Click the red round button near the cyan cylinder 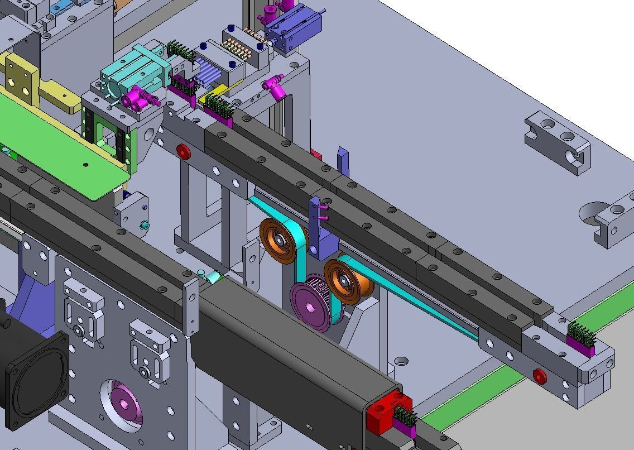click(182, 151)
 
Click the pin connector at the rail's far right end click(580, 338)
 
